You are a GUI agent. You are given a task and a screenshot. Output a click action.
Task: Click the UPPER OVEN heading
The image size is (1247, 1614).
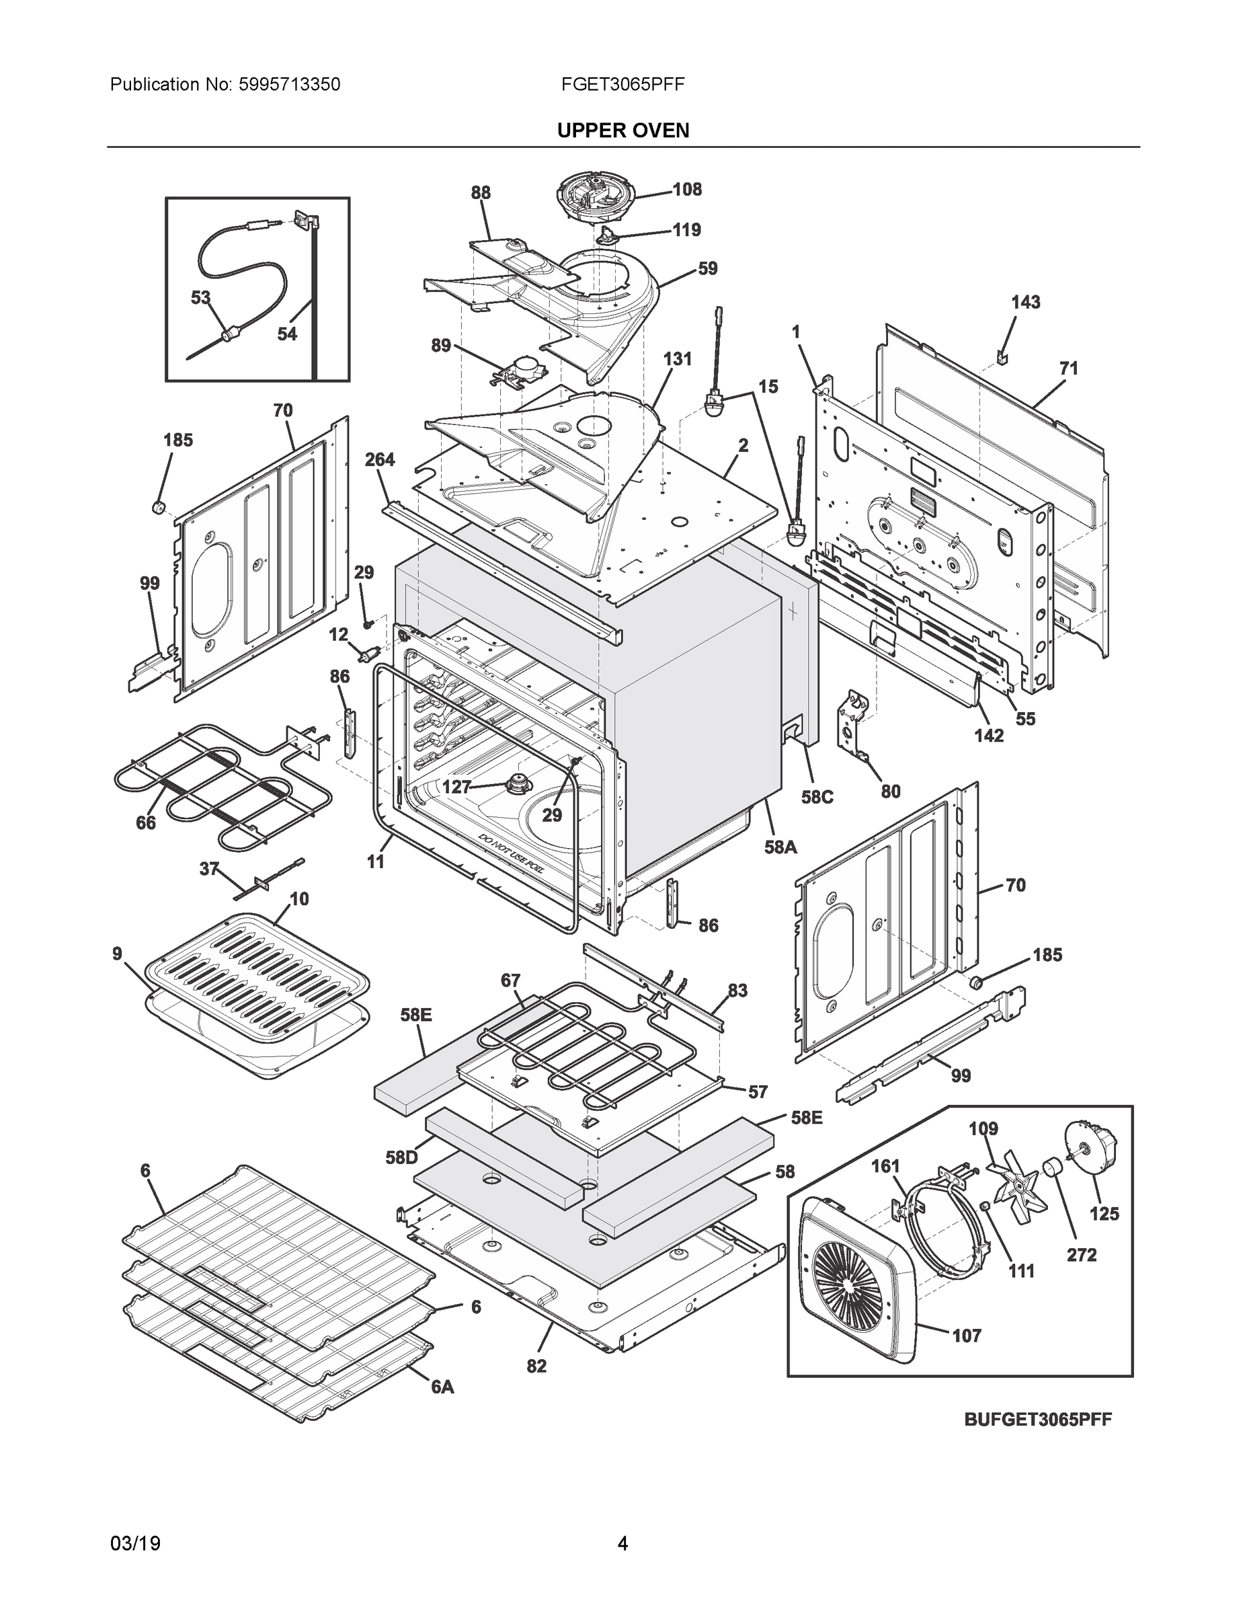click(622, 131)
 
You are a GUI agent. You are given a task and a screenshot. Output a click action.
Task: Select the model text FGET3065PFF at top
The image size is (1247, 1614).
click(622, 85)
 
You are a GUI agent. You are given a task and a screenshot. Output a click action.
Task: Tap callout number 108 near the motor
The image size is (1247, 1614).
click(686, 190)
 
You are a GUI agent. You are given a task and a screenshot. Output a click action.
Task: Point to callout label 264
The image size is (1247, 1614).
click(380, 460)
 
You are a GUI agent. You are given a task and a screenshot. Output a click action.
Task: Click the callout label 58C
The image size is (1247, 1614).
click(817, 798)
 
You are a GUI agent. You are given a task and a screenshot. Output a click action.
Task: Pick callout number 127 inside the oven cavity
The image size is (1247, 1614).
click(456, 787)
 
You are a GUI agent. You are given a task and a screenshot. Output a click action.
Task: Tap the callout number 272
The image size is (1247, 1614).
click(1081, 1255)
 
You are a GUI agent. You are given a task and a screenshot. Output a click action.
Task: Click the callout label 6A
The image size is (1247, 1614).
click(442, 1388)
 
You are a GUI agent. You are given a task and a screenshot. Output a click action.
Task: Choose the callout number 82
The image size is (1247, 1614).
click(536, 1367)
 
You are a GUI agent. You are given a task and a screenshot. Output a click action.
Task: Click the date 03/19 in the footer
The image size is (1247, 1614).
click(135, 1544)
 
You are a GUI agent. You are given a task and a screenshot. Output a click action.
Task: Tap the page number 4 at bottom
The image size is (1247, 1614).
click(622, 1544)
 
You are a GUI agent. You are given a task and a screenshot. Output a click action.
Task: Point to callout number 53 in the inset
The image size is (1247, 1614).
click(200, 298)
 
